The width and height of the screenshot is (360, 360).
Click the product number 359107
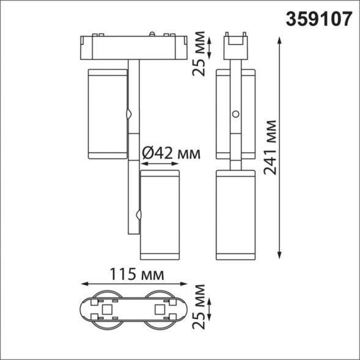point(318,20)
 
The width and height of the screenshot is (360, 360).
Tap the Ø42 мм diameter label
point(171,152)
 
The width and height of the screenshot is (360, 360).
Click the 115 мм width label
point(134,273)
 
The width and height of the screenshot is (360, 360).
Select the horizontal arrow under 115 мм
point(134,285)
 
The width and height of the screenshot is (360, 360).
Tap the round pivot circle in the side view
point(235,114)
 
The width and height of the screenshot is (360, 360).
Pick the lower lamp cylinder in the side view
point(235,214)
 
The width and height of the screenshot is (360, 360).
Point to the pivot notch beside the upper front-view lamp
point(129,114)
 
